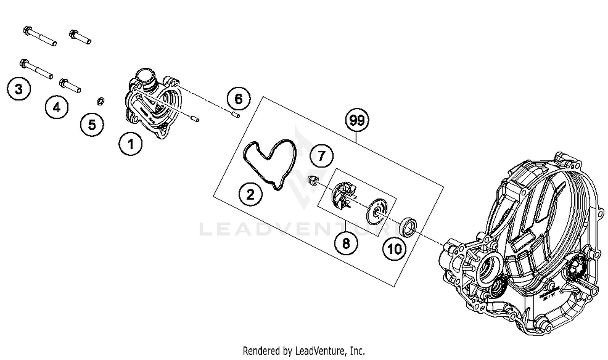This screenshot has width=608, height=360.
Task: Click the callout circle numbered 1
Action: pos(131,144)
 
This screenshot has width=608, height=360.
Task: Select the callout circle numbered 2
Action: pos(250,194)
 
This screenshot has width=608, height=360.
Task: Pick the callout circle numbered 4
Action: pos(56,107)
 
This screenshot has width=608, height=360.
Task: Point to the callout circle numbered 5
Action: pos(92,124)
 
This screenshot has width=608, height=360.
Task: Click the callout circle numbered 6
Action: pos(238,99)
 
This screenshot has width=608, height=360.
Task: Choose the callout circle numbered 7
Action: pos(321,156)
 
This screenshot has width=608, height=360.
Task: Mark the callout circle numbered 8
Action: pos(346,243)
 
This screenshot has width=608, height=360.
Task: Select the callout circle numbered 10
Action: pos(394,249)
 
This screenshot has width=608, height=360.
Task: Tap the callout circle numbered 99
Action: pos(357,120)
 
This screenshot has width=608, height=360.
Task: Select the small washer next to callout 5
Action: pos(101,100)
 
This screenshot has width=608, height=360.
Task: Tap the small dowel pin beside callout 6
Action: pos(235,115)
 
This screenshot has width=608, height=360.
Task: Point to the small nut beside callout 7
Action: pos(312,180)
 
